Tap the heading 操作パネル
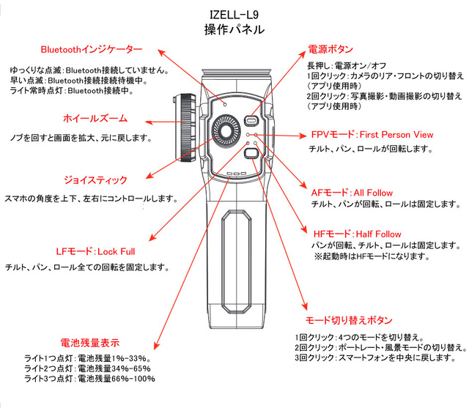[x=234, y=31]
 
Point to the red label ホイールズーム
[x=94, y=118]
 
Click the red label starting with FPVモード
[x=372, y=135]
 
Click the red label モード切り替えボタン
[x=349, y=321]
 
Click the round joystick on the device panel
[x=229, y=133]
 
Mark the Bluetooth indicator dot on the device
[x=226, y=104]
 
